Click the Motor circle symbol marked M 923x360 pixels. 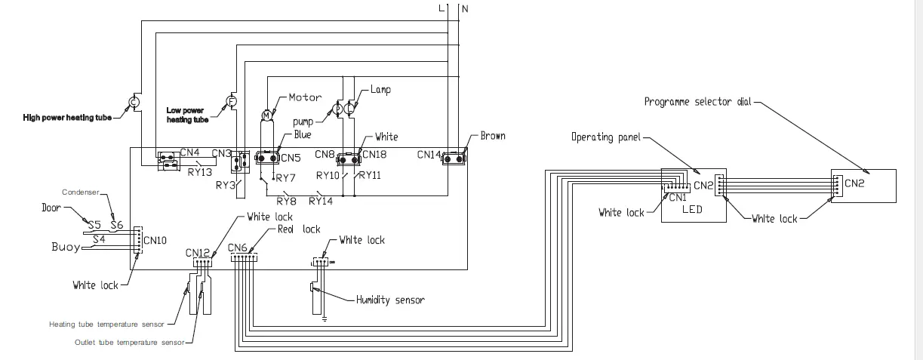click(266, 114)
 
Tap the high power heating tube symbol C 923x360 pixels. click(134, 102)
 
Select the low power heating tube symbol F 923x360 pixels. click(232, 101)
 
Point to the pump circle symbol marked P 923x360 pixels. click(338, 109)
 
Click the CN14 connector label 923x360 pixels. click(429, 155)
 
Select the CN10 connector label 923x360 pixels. click(155, 241)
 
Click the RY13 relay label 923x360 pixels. click(197, 171)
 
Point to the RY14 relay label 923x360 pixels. click(321, 201)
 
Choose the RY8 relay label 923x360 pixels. click(286, 201)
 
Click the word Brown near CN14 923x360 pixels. click(492, 137)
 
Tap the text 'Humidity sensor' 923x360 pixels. click(390, 300)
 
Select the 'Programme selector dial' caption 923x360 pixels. click(698, 101)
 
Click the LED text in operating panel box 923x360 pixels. click(692, 209)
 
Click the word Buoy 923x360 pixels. click(66, 247)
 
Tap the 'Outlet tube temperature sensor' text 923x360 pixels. click(129, 342)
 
